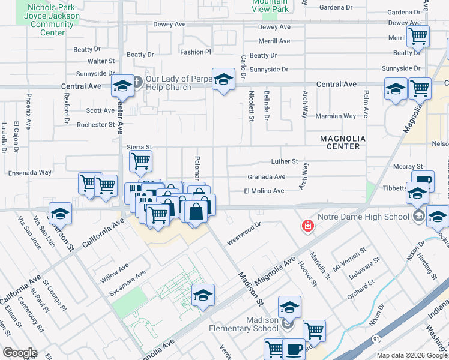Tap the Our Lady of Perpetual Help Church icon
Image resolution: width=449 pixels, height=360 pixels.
[x=137, y=81]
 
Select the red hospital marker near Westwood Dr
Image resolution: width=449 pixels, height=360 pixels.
[x=307, y=226]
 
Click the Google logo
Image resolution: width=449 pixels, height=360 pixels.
[x=20, y=352]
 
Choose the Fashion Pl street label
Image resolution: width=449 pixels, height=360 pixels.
[x=196, y=52]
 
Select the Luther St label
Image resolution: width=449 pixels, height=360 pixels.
[x=284, y=161]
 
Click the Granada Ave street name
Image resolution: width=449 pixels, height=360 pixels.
[x=267, y=177]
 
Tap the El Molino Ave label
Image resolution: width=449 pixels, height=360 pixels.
[x=264, y=191]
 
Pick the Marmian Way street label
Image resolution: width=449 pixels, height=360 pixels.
[x=336, y=116]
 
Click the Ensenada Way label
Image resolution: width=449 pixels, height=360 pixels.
[x=30, y=173]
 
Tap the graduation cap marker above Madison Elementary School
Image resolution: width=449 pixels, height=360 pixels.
[x=289, y=307]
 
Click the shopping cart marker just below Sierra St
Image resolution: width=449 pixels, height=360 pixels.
[x=140, y=160]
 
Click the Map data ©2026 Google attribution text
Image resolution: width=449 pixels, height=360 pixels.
[x=413, y=355]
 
